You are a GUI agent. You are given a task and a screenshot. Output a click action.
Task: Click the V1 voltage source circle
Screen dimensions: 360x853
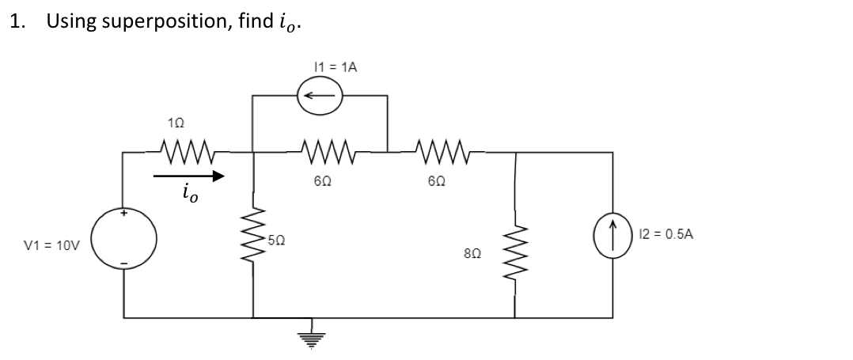[x=123, y=237]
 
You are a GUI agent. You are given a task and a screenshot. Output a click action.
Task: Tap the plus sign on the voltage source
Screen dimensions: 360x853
[x=123, y=214]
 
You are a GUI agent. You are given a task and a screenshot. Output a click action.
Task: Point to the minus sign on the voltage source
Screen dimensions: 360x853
[x=123, y=262]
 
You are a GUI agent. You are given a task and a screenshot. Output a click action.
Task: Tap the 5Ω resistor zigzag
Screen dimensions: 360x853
[x=254, y=237]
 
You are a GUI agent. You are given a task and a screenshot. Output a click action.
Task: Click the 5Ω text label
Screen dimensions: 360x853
[x=275, y=239]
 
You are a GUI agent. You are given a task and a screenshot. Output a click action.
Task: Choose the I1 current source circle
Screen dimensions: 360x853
[x=320, y=97]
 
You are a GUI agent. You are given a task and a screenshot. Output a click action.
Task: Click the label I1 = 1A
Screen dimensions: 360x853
[x=335, y=67]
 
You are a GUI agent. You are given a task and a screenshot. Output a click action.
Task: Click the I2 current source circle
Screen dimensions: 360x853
[x=612, y=235]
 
